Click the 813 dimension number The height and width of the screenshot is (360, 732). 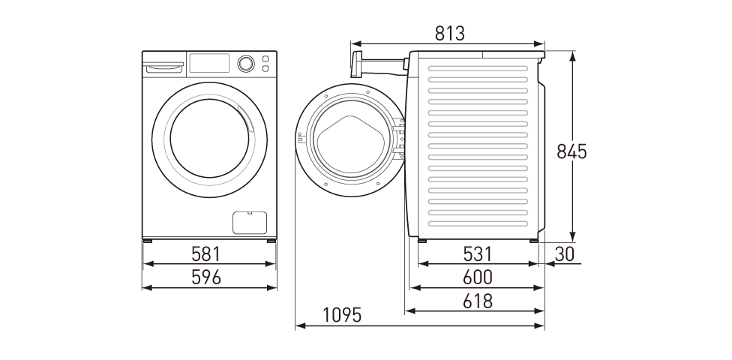450,34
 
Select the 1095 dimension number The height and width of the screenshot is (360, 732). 342,315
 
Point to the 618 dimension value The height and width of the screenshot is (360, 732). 477,301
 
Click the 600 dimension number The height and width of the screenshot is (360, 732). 477,277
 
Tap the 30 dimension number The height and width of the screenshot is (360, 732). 565,254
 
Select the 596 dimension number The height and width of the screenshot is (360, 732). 205,277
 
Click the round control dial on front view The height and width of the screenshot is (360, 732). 245,64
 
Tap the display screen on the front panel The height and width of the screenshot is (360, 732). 210,63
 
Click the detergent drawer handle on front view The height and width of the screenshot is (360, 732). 164,68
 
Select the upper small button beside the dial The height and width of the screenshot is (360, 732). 265,58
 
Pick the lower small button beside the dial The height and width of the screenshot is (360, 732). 265,69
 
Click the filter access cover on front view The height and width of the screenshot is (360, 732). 250,222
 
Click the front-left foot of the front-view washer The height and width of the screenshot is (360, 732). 148,241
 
